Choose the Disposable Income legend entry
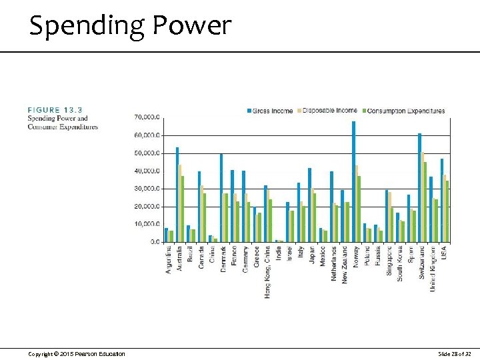(330, 111)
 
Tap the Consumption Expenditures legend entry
(406, 111)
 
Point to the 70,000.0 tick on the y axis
(147, 117)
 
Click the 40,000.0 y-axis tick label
(147, 171)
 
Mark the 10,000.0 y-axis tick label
(147, 225)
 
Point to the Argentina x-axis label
(169, 260)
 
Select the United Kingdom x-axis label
(433, 268)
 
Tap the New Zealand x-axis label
(345, 264)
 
